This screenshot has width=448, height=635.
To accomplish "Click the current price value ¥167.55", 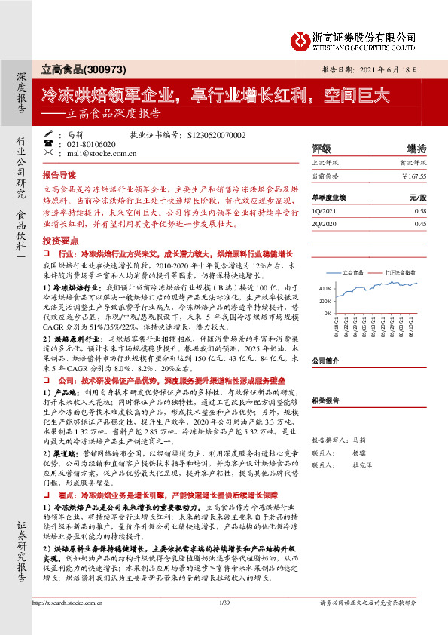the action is [x=414, y=176].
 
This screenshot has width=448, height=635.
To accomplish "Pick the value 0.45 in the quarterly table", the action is [x=420, y=224].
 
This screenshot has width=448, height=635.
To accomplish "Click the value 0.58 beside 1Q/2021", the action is [x=420, y=211].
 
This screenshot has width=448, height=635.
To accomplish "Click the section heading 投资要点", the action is [x=60, y=239].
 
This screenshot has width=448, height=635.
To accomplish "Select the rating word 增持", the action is [x=416, y=148].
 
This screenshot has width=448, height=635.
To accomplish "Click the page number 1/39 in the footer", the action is [x=224, y=623].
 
